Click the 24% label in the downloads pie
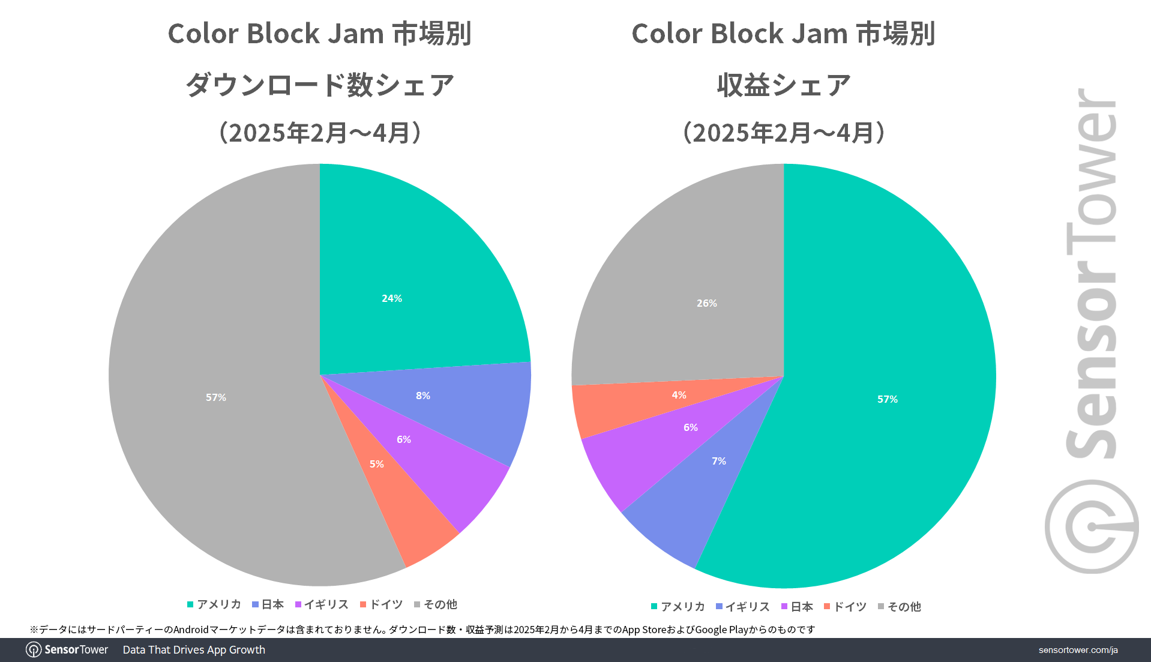click(x=392, y=298)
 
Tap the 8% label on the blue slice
click(x=423, y=396)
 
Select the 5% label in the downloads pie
click(x=377, y=464)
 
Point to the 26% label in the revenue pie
click(x=707, y=303)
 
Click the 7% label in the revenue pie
click(x=719, y=461)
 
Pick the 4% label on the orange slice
click(x=679, y=395)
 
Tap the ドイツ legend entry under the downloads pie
click(x=381, y=604)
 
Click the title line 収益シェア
click(x=784, y=85)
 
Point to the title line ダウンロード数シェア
click(x=320, y=85)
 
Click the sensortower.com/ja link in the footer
click(x=1078, y=650)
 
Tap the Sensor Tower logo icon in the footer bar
click(x=34, y=650)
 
